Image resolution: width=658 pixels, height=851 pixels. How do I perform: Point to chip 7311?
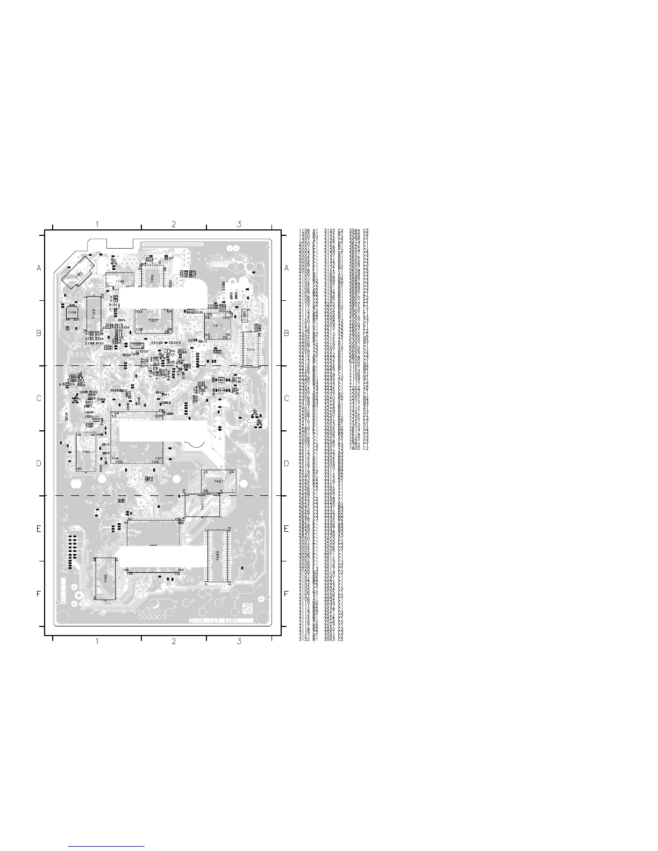tap(218, 326)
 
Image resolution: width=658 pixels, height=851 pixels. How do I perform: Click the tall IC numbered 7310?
tap(251, 349)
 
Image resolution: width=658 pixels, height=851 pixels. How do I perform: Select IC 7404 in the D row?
tap(86, 452)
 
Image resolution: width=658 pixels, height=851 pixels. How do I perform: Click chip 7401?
tap(218, 481)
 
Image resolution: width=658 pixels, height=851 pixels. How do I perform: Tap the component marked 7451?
tap(203, 506)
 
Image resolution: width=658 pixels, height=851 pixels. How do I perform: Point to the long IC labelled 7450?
tap(218, 557)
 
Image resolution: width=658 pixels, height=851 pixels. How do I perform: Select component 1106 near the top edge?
tap(119, 281)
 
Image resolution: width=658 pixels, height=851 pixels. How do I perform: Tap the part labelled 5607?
tap(220, 380)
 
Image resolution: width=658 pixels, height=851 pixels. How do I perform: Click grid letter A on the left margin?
tap(39, 268)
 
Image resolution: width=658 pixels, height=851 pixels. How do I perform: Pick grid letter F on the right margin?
tap(287, 594)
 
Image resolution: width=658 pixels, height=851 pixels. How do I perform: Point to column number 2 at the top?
tap(174, 224)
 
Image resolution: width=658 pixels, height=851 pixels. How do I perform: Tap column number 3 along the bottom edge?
tap(239, 641)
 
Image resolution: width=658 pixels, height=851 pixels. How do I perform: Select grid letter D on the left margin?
tap(39, 464)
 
